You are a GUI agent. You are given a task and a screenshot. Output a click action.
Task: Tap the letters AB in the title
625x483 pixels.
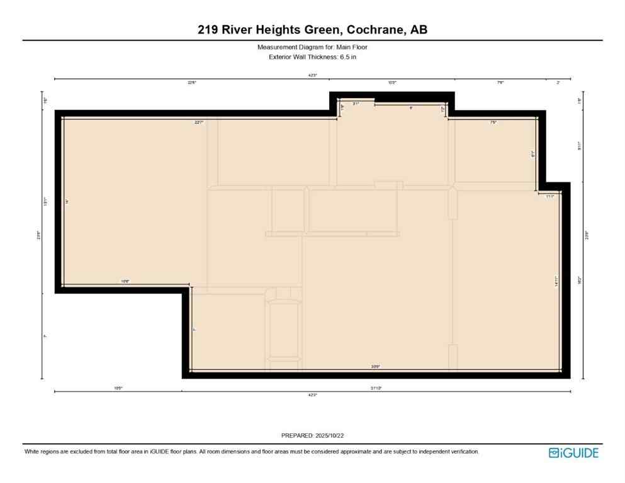419,30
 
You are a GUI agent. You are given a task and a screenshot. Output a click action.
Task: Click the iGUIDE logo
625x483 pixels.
573,453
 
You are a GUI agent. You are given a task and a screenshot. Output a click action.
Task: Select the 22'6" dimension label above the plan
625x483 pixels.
191,82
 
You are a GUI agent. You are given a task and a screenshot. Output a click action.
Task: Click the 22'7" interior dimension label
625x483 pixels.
200,123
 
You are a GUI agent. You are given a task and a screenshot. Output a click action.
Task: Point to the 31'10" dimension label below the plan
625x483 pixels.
376,388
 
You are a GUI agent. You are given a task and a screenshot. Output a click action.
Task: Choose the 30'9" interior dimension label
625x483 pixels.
376,367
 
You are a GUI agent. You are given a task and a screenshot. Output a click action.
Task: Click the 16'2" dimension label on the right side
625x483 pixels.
585,283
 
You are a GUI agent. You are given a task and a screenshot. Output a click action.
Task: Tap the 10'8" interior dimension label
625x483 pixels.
125,282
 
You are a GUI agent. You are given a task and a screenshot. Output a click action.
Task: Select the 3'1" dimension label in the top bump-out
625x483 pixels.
356,103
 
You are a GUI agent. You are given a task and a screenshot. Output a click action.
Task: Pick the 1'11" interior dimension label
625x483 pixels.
549,196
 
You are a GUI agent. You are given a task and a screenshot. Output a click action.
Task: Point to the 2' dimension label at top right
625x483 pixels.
558,82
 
